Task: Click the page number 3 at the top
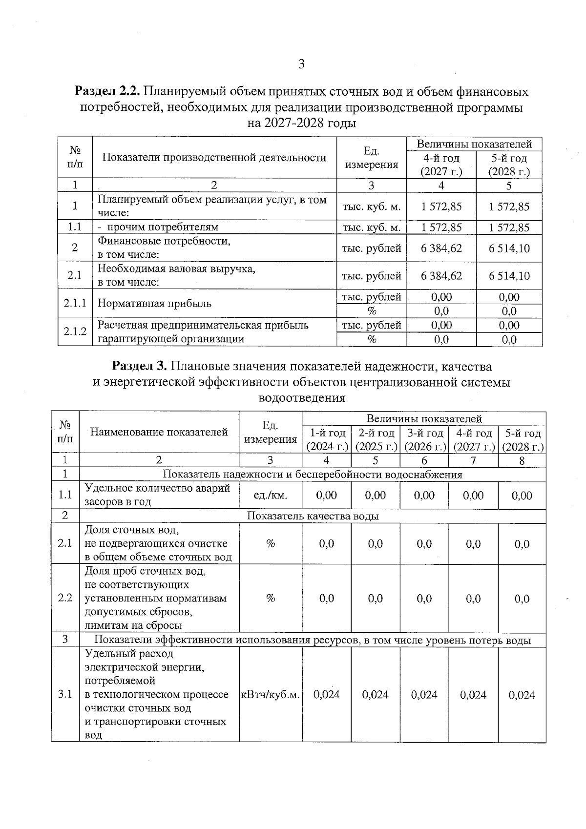(301, 64)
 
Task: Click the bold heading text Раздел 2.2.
(107, 91)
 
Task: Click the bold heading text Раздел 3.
(140, 366)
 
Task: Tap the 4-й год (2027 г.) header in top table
(441, 165)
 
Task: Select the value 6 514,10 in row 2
(509, 248)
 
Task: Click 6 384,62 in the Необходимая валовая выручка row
(441, 276)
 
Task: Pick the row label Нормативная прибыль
(154, 304)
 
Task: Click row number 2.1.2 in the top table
(75, 332)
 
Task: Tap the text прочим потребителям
(163, 227)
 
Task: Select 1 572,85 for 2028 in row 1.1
(509, 227)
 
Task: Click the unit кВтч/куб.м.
(271, 695)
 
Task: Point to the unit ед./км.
(271, 496)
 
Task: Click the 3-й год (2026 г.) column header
(424, 440)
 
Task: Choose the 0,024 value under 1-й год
(326, 695)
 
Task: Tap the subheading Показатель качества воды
(313, 516)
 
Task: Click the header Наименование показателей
(159, 432)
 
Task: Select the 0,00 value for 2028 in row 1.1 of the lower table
(522, 496)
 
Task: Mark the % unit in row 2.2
(271, 599)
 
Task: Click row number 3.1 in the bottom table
(65, 695)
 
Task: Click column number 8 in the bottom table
(522, 460)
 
